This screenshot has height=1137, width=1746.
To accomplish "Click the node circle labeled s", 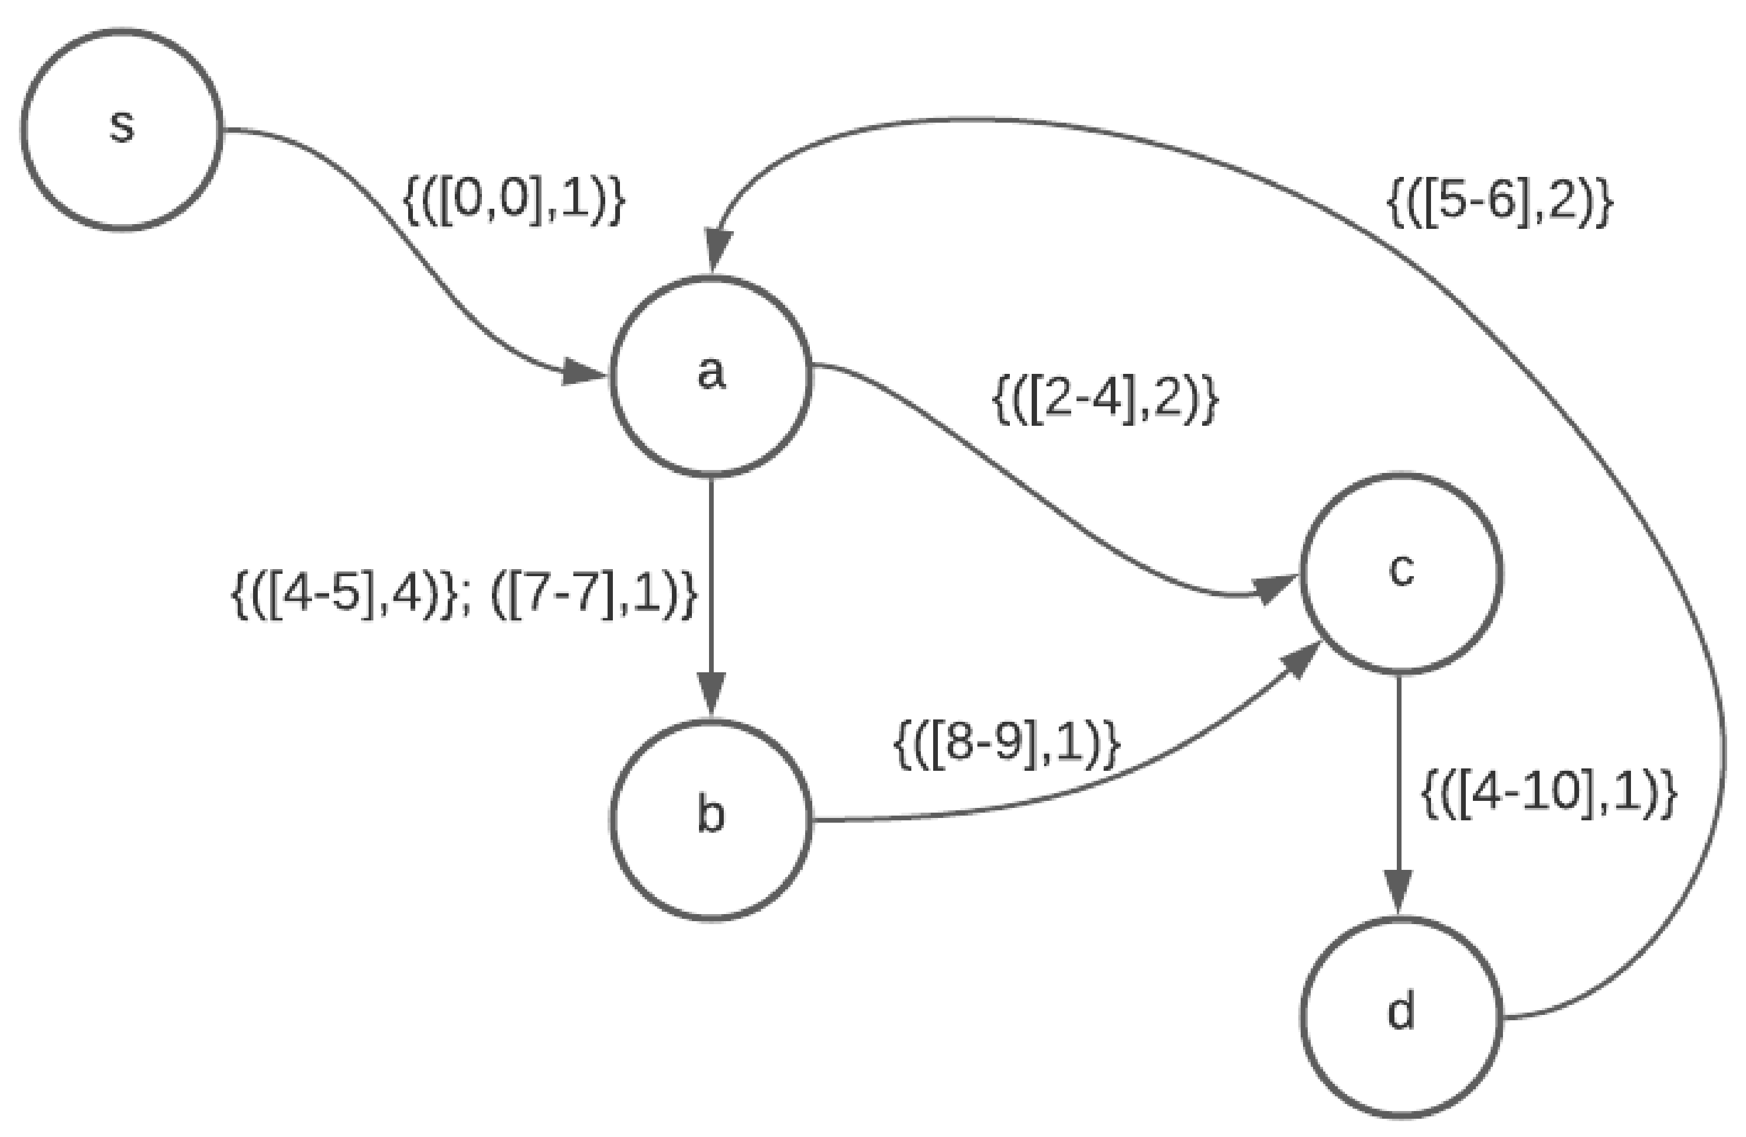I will tap(122, 129).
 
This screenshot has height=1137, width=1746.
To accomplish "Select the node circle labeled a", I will tap(711, 376).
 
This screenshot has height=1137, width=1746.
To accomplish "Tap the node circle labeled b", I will tap(711, 819).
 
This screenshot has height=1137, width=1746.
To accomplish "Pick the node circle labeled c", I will tap(1401, 573).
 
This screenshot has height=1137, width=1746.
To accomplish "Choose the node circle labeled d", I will tap(1401, 1017).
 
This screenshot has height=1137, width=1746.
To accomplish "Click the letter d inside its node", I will tap(1401, 1013).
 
